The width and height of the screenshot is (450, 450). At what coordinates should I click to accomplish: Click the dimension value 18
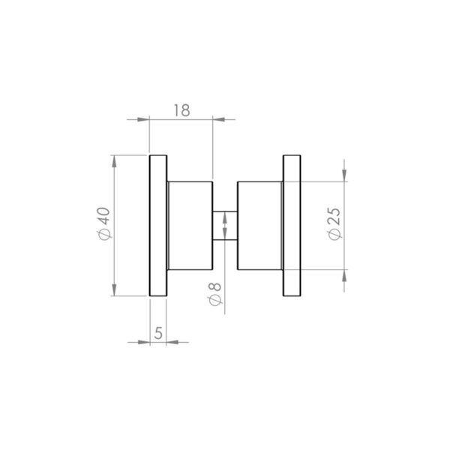pos(181,109)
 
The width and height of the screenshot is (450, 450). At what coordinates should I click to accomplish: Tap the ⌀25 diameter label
pos(334,223)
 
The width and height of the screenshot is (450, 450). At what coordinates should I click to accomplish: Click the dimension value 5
pos(158,333)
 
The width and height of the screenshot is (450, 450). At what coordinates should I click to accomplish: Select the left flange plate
pos(158,225)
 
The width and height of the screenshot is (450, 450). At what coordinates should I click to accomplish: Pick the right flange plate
pos(292,225)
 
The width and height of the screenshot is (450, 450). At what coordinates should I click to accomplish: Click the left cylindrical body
pos(190,225)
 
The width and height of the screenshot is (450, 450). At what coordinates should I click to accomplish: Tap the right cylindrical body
pos(259,225)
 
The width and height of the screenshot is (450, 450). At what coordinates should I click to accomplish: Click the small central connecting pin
pos(225,226)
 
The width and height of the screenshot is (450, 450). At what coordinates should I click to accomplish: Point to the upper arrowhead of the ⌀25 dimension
pos(344,173)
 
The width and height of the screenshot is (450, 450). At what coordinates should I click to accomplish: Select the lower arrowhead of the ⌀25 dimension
pos(344,278)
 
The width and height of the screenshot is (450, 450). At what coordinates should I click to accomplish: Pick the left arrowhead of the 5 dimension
pos(142,343)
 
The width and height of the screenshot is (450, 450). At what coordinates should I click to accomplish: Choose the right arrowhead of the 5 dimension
pos(175,343)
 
